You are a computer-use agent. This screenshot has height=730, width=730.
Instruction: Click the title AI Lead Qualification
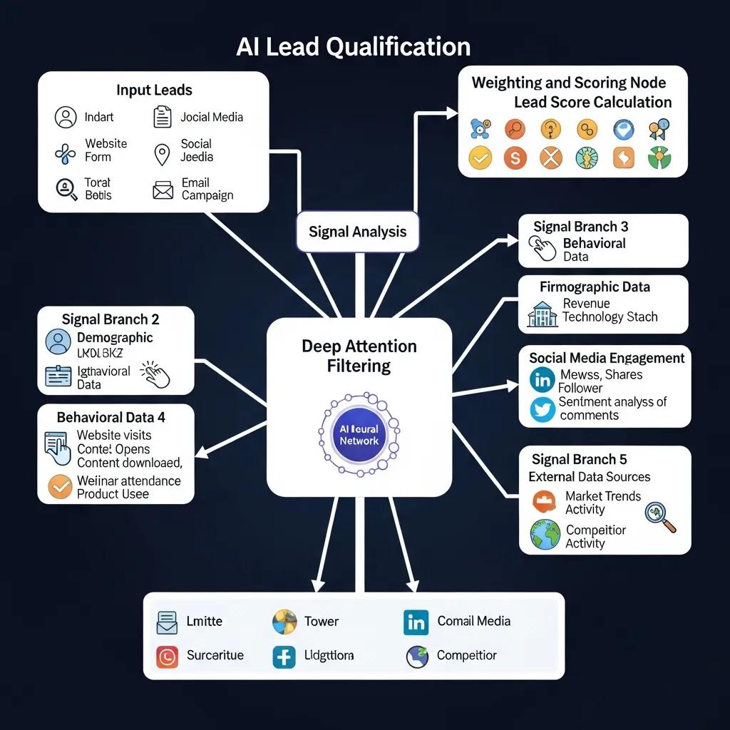tap(354, 47)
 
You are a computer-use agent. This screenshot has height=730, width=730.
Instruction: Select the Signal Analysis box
tap(358, 232)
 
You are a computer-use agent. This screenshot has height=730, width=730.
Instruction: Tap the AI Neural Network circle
tap(359, 436)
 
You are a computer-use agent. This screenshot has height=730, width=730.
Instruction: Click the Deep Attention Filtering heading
tap(359, 356)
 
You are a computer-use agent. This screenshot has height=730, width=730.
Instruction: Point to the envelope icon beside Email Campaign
tap(163, 190)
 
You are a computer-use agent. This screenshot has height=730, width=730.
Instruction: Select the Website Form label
tap(106, 150)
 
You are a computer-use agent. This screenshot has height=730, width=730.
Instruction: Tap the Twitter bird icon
tap(543, 409)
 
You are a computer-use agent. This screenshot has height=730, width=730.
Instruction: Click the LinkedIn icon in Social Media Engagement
tap(543, 381)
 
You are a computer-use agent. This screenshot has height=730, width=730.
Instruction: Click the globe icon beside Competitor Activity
tap(545, 535)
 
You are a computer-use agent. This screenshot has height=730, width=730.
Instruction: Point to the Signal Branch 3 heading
tap(581, 227)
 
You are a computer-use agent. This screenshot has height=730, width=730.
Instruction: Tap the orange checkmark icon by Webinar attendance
tap(60, 487)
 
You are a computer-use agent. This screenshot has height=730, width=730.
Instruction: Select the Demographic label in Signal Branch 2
tap(115, 338)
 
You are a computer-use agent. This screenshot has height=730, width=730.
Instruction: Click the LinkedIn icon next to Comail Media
tap(416, 622)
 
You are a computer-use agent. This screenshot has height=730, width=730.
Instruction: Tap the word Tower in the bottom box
tap(322, 621)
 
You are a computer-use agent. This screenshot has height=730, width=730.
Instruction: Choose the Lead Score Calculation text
tap(592, 102)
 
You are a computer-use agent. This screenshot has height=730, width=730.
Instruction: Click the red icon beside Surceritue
tap(167, 656)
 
